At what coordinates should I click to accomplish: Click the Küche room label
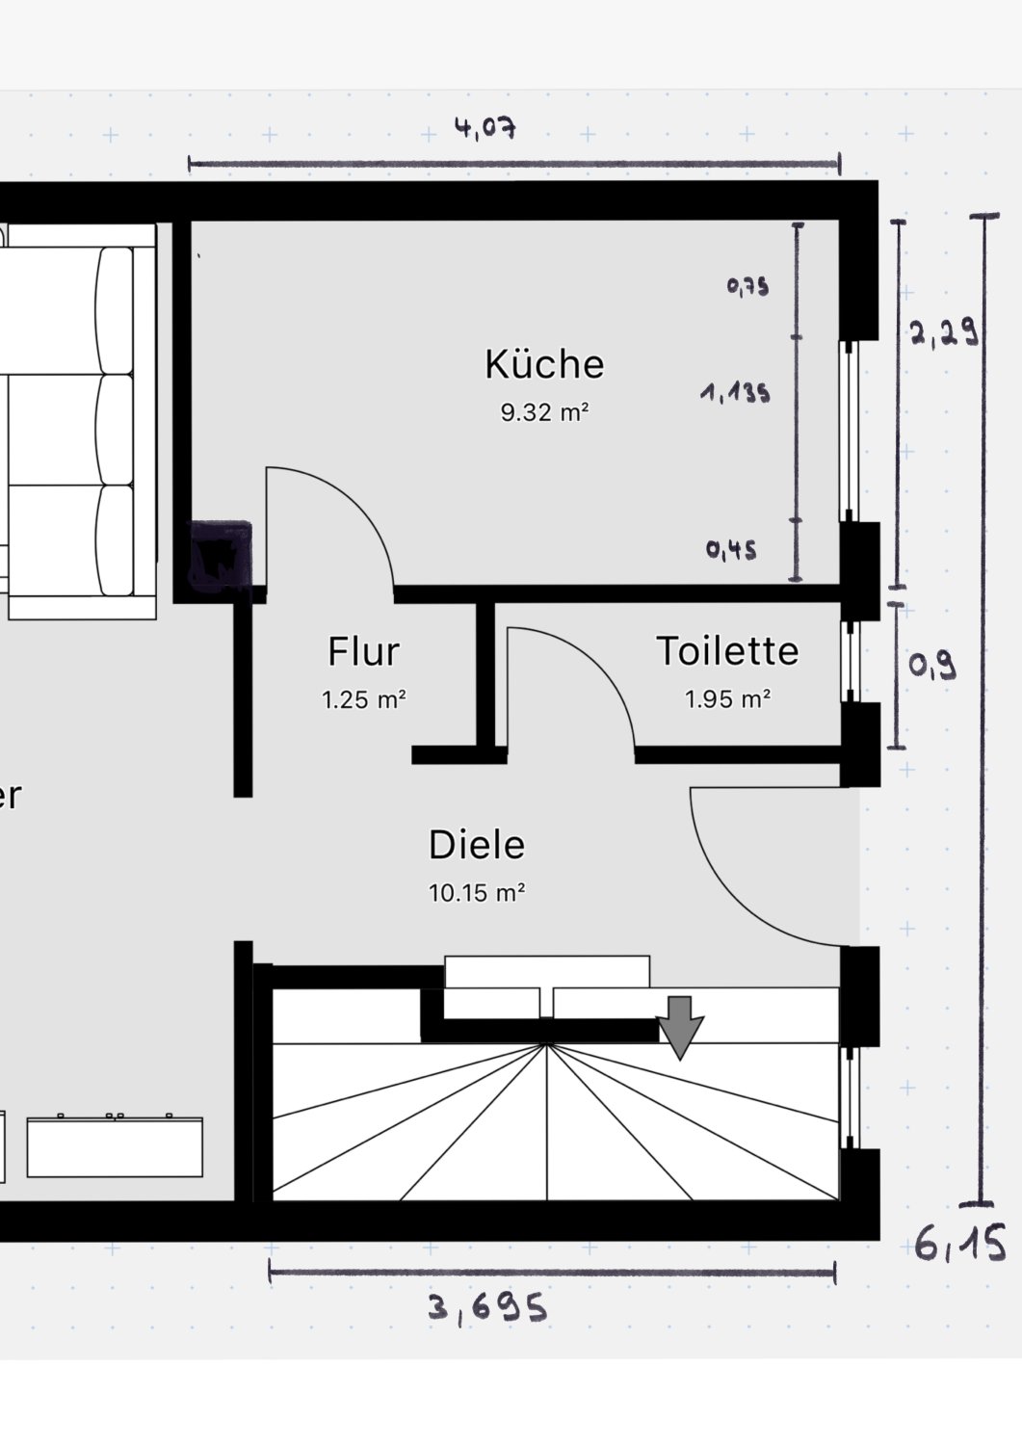click(544, 364)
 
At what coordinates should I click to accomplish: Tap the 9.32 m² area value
click(544, 412)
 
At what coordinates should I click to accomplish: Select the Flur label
click(364, 651)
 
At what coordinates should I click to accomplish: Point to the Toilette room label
click(727, 650)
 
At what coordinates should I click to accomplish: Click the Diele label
click(477, 845)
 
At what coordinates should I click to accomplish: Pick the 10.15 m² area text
click(477, 893)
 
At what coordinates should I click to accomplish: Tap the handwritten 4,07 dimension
click(485, 128)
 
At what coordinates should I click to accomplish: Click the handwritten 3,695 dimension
click(487, 1308)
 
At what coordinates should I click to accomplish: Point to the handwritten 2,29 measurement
click(944, 333)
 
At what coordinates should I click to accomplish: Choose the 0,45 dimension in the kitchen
click(731, 550)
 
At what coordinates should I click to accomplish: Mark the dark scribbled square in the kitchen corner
click(220, 556)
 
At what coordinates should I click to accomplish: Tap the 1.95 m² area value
click(728, 699)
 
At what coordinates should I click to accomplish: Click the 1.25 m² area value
click(364, 699)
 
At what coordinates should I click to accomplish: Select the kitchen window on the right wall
click(850, 431)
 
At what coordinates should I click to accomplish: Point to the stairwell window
click(850, 1097)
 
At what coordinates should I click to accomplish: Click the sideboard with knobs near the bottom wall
click(115, 1146)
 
